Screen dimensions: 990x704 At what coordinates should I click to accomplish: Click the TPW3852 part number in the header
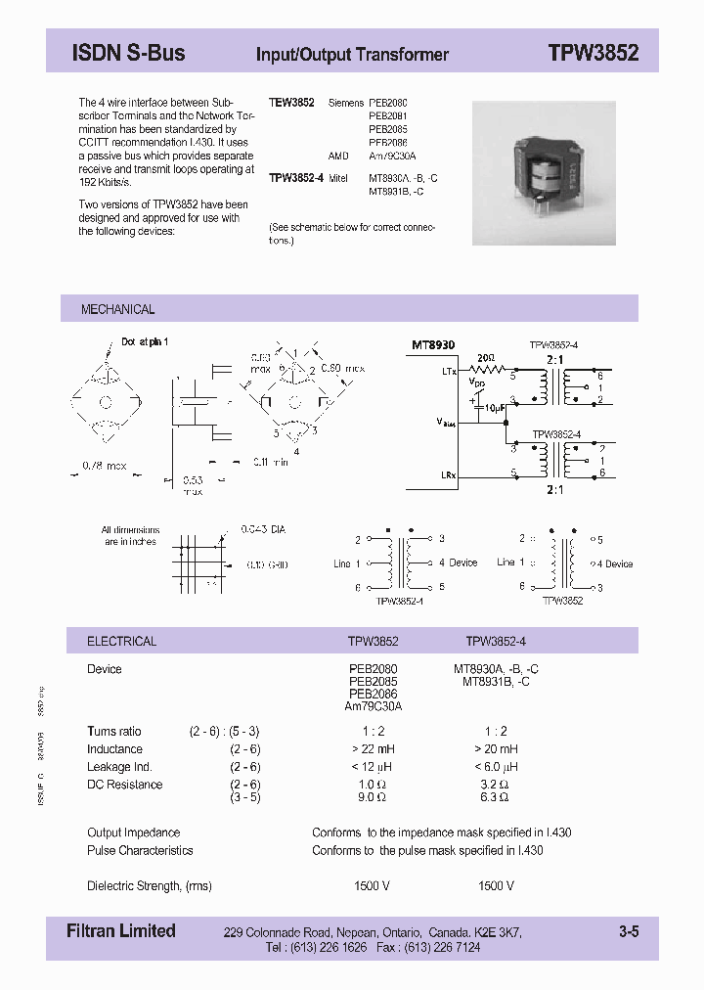[x=593, y=54]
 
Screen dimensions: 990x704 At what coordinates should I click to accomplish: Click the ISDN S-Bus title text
[x=128, y=54]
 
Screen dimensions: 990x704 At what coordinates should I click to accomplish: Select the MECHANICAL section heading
[x=117, y=309]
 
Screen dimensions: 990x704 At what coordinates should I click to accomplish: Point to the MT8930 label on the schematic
[x=432, y=345]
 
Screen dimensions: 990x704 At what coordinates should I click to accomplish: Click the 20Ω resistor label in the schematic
[x=485, y=358]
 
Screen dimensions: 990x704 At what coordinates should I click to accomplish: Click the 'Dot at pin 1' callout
[x=145, y=342]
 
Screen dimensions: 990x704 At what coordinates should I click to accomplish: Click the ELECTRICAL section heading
[x=121, y=642]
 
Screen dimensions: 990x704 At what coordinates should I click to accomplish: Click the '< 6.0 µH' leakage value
[x=496, y=767]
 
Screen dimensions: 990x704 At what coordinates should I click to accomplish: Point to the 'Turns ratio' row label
[x=114, y=732]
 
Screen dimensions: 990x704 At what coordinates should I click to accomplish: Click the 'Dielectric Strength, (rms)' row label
[x=149, y=886]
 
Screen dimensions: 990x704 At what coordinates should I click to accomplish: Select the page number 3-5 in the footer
[x=628, y=932]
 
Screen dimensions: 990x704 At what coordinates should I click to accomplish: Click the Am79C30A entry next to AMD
[x=392, y=155]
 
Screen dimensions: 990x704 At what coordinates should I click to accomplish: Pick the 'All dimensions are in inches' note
[x=130, y=535]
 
